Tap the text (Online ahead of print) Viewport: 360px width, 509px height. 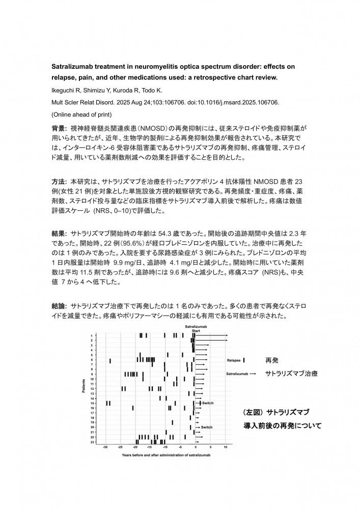pos(81,114)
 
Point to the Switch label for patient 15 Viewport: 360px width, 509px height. pos(208,403)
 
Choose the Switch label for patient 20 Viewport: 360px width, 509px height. pos(207,427)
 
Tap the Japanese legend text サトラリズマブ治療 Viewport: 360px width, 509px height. pos(292,374)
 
